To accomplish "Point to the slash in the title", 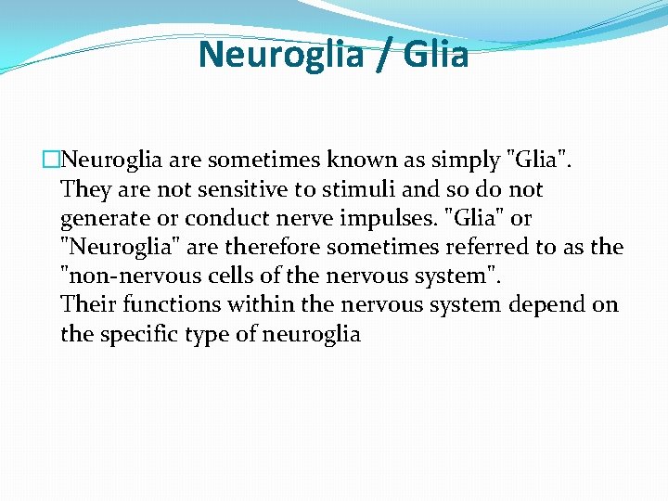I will [380, 55].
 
